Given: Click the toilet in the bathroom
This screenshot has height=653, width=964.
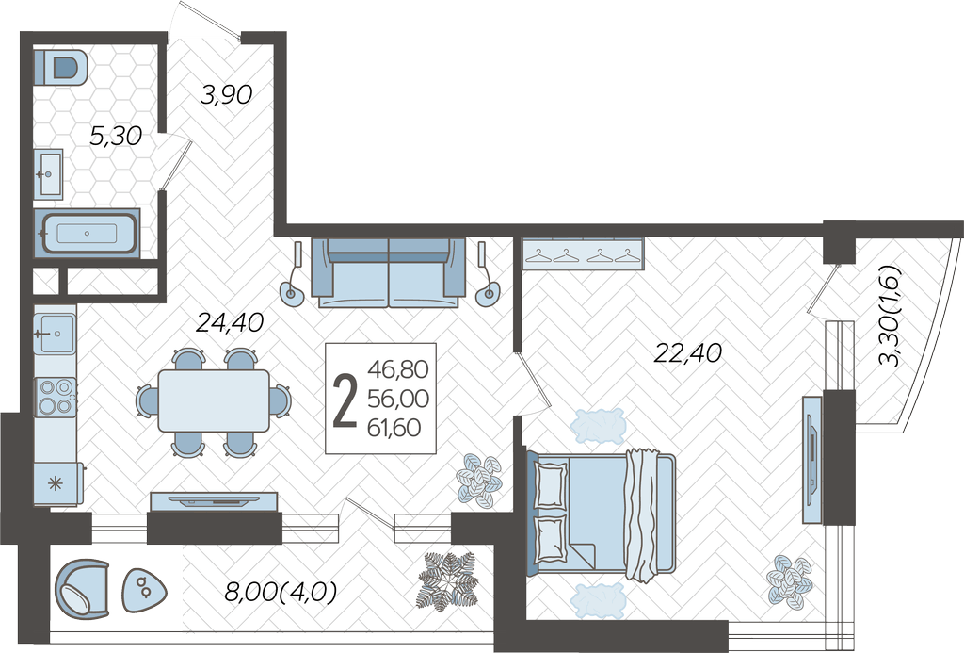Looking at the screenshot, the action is (60, 68).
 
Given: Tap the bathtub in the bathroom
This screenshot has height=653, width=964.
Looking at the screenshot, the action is (87, 234).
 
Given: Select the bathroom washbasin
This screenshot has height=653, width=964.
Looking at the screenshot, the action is (48, 174).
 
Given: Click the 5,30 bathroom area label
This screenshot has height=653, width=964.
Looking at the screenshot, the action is (116, 136).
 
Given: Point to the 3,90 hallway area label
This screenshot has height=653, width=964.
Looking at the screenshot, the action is (227, 95).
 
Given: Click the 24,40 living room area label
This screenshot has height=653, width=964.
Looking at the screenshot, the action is (230, 322).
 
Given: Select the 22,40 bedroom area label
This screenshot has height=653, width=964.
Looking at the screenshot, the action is (688, 352).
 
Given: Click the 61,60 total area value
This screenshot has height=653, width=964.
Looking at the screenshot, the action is (394, 427).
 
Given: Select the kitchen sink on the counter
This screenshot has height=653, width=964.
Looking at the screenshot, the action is (55, 334).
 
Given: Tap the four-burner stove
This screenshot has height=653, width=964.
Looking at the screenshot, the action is (56, 397).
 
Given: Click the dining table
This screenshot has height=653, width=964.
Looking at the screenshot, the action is (214, 400).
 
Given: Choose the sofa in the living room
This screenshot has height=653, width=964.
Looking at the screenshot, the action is (389, 272).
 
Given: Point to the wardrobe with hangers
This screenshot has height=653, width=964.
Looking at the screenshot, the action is (582, 253).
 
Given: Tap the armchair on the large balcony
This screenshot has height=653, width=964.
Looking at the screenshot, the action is (82, 589).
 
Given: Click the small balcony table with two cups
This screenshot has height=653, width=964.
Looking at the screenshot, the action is (144, 590).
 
